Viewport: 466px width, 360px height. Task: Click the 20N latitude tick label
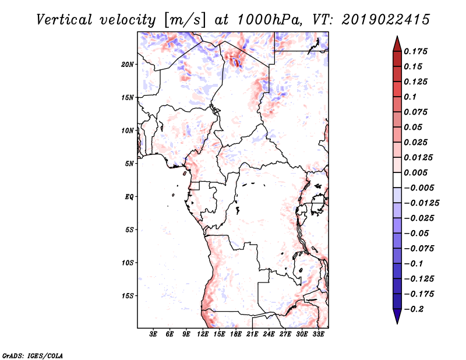[128, 65]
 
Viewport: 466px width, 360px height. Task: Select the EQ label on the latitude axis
[129, 197]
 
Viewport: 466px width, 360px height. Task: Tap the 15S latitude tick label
[128, 296]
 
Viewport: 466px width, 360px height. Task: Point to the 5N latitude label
[129, 164]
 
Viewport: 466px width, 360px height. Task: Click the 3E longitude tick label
[153, 334]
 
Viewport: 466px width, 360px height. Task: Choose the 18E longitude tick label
[236, 334]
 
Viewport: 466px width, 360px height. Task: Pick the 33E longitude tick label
[318, 334]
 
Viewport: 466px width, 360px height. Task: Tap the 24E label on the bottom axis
[269, 334]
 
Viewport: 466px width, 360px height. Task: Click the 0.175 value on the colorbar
[416, 51]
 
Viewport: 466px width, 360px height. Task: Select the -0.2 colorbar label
[414, 309]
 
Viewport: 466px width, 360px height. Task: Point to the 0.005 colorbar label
[416, 172]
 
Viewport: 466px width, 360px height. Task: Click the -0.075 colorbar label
[419, 249]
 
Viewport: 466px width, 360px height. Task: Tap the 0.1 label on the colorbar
[410, 97]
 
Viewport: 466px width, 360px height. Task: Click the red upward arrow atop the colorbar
[397, 44]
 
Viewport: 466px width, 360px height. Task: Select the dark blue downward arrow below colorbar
[397, 316]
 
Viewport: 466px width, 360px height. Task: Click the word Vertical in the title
[64, 20]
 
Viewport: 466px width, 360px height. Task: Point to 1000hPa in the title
[270, 20]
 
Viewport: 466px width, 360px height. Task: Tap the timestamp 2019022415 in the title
[386, 20]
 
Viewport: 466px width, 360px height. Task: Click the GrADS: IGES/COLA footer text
[33, 356]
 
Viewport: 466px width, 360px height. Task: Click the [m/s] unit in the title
[184, 20]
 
